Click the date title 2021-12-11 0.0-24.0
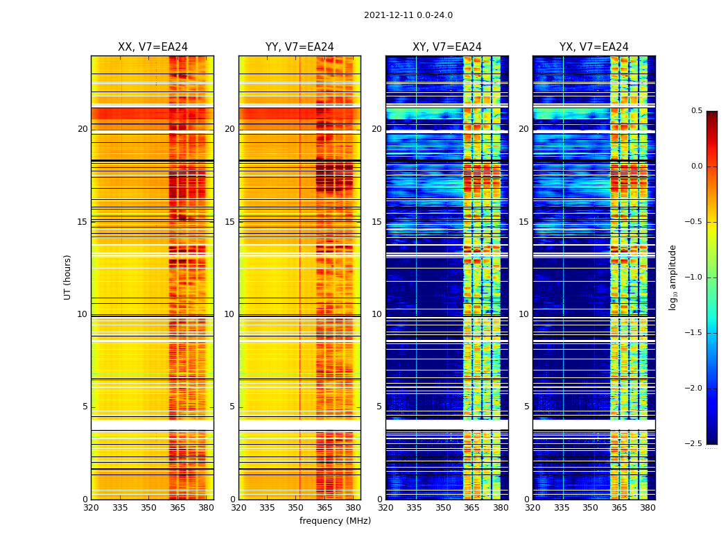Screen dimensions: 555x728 (x=408, y=15)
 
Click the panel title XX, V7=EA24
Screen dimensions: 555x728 (x=153, y=47)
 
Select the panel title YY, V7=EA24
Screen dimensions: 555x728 (x=300, y=47)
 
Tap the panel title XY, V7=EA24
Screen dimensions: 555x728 (x=447, y=47)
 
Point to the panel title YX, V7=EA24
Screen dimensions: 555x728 (x=594, y=47)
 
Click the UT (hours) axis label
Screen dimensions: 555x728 (x=67, y=277)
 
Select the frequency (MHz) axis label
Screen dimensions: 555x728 (x=335, y=521)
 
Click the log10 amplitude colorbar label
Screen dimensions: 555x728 (x=673, y=277)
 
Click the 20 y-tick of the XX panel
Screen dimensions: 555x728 (x=83, y=129)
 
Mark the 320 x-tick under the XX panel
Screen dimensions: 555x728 (x=91, y=508)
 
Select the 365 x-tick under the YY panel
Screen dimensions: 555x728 (x=324, y=508)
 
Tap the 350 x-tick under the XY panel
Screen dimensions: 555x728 (x=442, y=508)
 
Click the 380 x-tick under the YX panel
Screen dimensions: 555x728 (x=648, y=508)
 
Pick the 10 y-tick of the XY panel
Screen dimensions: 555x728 (x=376, y=314)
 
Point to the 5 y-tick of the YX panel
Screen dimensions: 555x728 (x=526, y=407)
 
